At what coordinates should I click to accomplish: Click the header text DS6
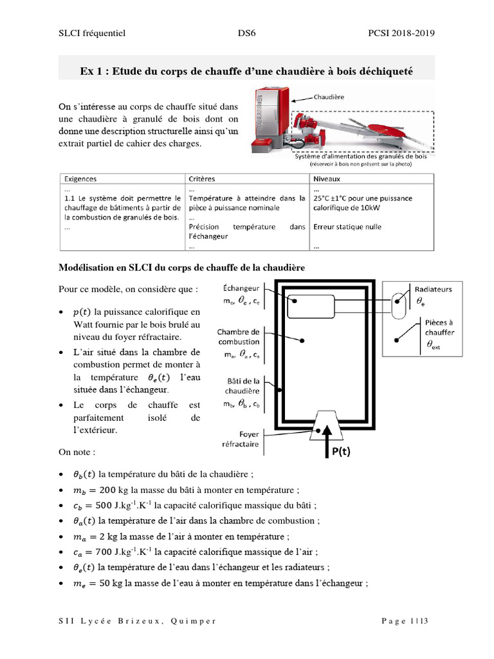click(x=246, y=33)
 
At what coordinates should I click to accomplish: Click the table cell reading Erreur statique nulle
click(x=347, y=227)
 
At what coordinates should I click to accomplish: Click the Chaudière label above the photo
click(x=329, y=97)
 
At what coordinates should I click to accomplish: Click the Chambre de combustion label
click(x=238, y=337)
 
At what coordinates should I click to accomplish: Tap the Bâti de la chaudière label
click(x=241, y=385)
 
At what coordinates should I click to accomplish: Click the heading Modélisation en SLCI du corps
click(x=182, y=266)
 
